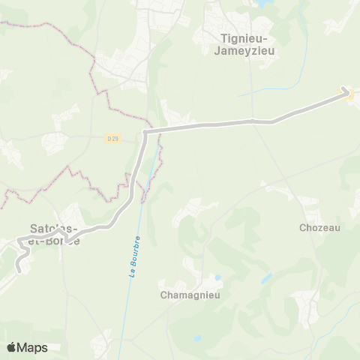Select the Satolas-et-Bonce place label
click(55, 233)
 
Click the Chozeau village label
click(319, 227)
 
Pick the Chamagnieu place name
click(188, 295)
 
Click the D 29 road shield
click(112, 138)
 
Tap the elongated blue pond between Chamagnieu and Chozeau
click(266, 278)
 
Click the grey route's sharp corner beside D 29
click(145, 132)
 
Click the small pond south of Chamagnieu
click(196, 338)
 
